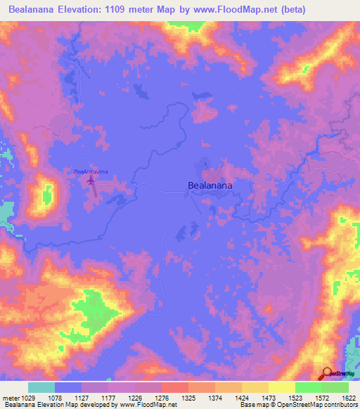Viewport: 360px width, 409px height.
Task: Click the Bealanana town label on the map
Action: point(210,186)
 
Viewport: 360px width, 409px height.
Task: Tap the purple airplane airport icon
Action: point(91,181)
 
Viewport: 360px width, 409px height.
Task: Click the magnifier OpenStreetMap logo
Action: point(326,374)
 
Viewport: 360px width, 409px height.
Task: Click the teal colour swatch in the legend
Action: point(41,387)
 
